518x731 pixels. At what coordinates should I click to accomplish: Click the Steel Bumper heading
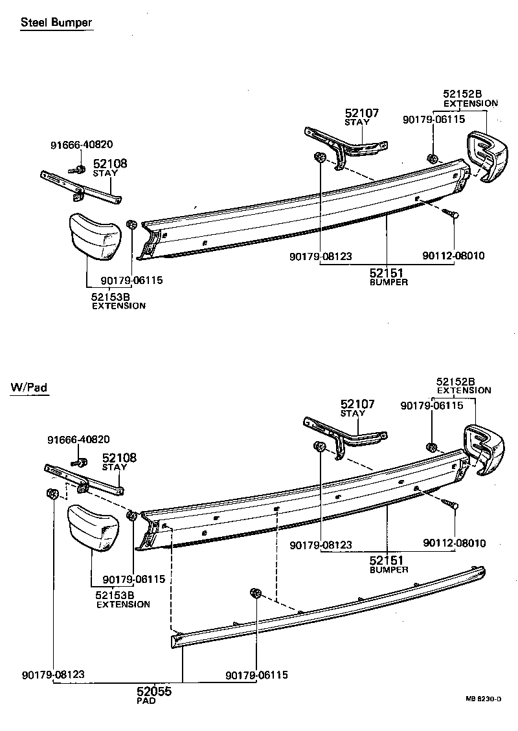pos(56,23)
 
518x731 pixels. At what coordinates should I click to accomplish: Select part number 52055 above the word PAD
pos(153,692)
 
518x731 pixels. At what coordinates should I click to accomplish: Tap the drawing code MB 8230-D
pos(484,699)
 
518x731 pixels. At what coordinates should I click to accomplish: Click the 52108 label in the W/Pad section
pos(119,458)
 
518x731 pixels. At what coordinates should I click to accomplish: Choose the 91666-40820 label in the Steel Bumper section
pos(80,145)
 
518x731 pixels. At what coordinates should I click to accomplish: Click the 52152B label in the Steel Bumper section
pos(463,94)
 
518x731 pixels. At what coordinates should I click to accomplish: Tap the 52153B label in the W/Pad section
pos(115,595)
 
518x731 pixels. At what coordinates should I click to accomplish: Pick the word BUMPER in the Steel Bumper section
pos(388,283)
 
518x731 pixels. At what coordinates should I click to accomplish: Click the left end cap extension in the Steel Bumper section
pos(95,237)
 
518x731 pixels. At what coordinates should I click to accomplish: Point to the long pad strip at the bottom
pos(324,608)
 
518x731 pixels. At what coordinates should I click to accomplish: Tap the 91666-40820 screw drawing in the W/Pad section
pos(82,463)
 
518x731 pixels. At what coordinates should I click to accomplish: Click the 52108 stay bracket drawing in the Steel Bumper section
pos(81,186)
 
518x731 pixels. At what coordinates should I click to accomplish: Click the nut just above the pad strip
pos(255,593)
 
